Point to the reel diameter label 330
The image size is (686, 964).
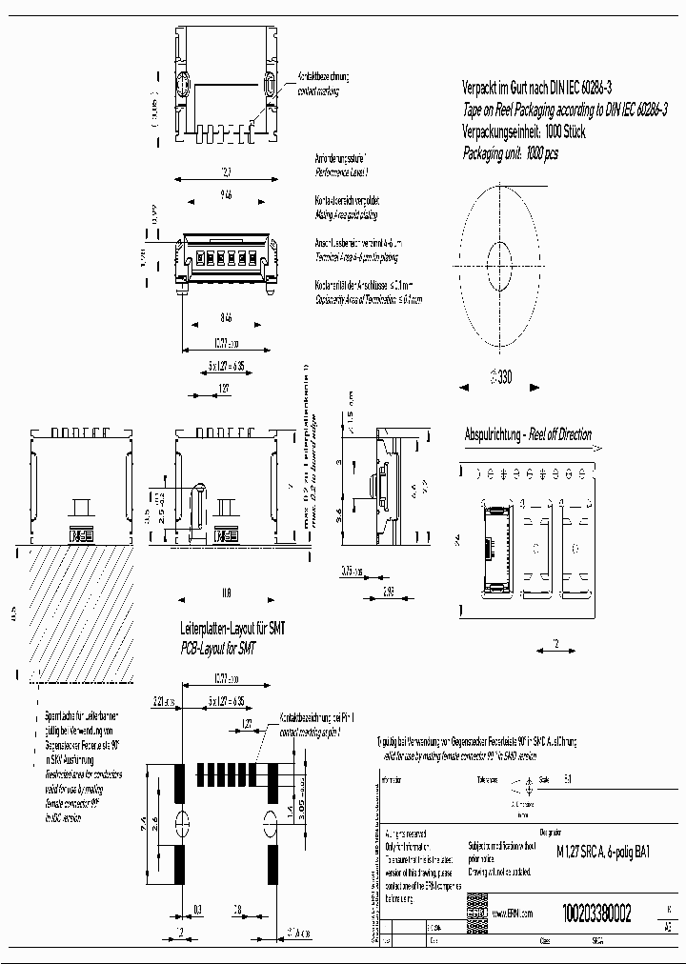501,376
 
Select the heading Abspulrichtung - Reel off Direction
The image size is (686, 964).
527,434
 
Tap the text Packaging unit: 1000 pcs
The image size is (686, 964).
510,152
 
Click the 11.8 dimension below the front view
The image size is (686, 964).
225,592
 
